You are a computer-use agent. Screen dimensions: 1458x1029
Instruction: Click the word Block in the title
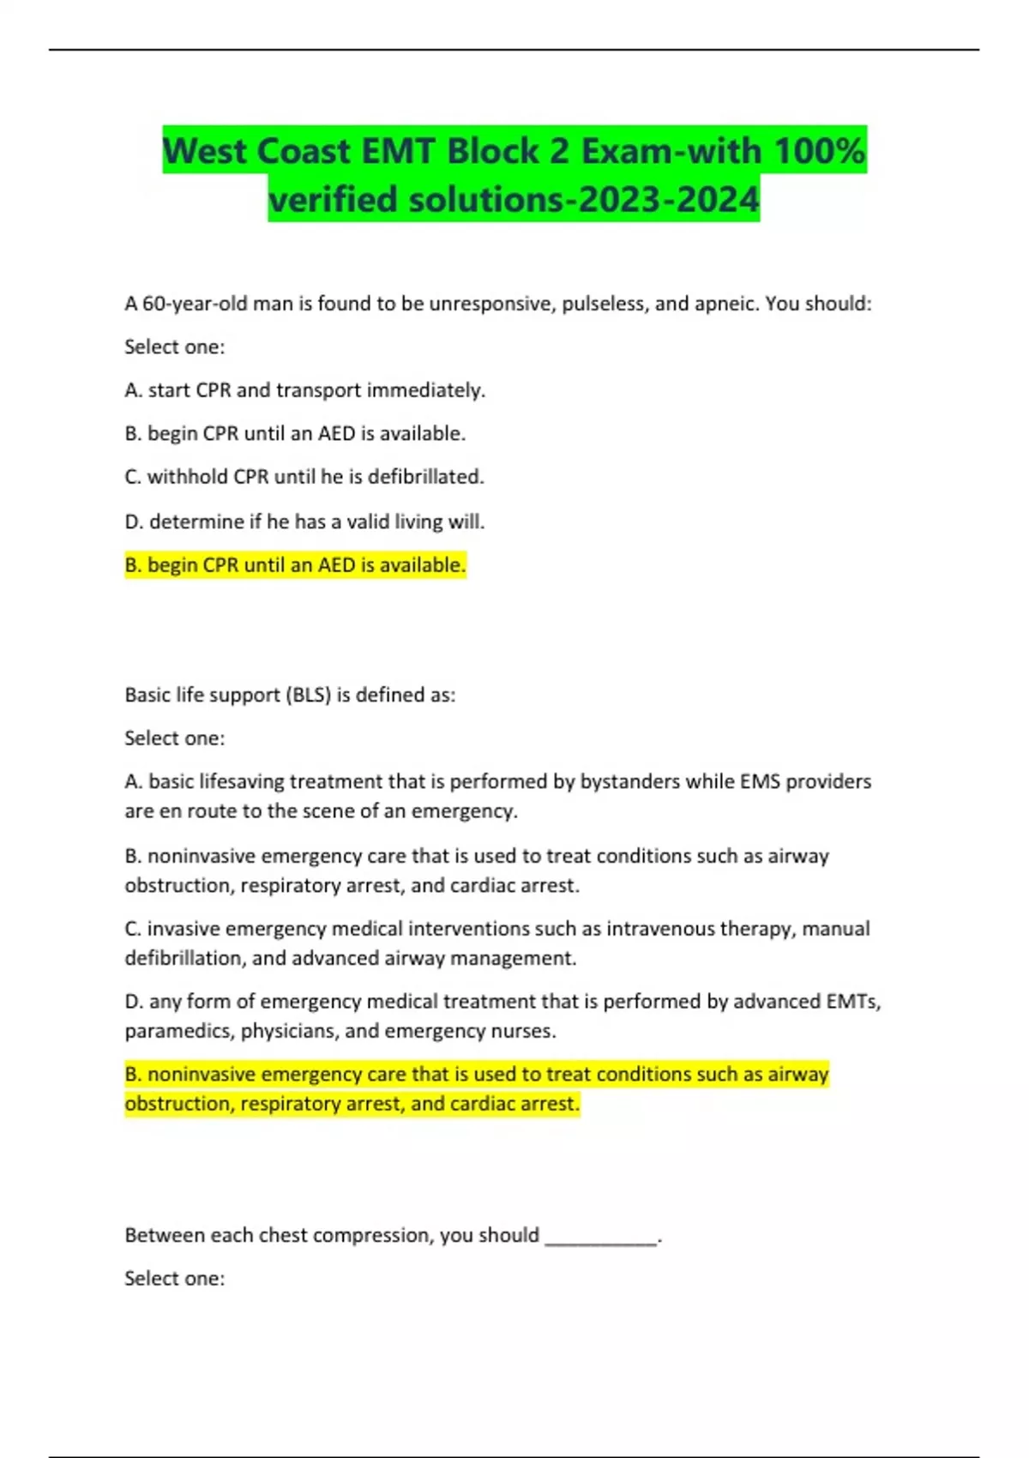pos(492,151)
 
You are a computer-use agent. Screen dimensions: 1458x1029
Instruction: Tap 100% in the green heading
pos(819,151)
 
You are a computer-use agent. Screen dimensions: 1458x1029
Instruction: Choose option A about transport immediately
pos(304,390)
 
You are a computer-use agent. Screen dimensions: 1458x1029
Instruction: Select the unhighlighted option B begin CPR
pos(295,434)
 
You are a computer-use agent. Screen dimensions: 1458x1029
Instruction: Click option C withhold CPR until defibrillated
pos(304,477)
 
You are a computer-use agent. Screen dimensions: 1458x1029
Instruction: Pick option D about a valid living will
pos(304,521)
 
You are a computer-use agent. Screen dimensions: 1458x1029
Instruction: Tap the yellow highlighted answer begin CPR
pos(295,565)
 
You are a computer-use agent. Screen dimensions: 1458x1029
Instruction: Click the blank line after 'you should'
pos(601,1237)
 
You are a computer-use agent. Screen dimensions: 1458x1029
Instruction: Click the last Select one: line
pos(174,1279)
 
